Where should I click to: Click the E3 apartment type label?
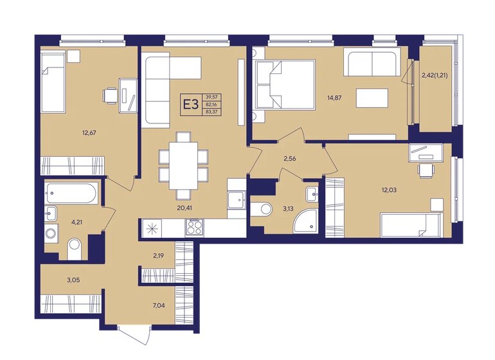tap(191, 104)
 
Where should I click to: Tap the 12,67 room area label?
tap(89, 132)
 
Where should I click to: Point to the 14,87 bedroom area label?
tap(334, 98)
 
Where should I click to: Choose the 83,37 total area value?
tap(212, 111)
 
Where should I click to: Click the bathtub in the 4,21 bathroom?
tap(71, 193)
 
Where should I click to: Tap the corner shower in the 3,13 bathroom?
tap(305, 221)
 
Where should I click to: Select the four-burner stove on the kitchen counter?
tap(194, 227)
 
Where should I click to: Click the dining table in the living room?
tap(183, 166)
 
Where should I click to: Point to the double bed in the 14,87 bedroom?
tap(285, 85)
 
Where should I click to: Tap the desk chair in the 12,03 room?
tap(426, 170)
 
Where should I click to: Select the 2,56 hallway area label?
tap(290, 159)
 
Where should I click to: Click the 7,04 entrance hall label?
tap(159, 305)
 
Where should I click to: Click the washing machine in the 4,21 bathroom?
tap(51, 234)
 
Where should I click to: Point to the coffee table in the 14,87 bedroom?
tap(372, 98)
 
